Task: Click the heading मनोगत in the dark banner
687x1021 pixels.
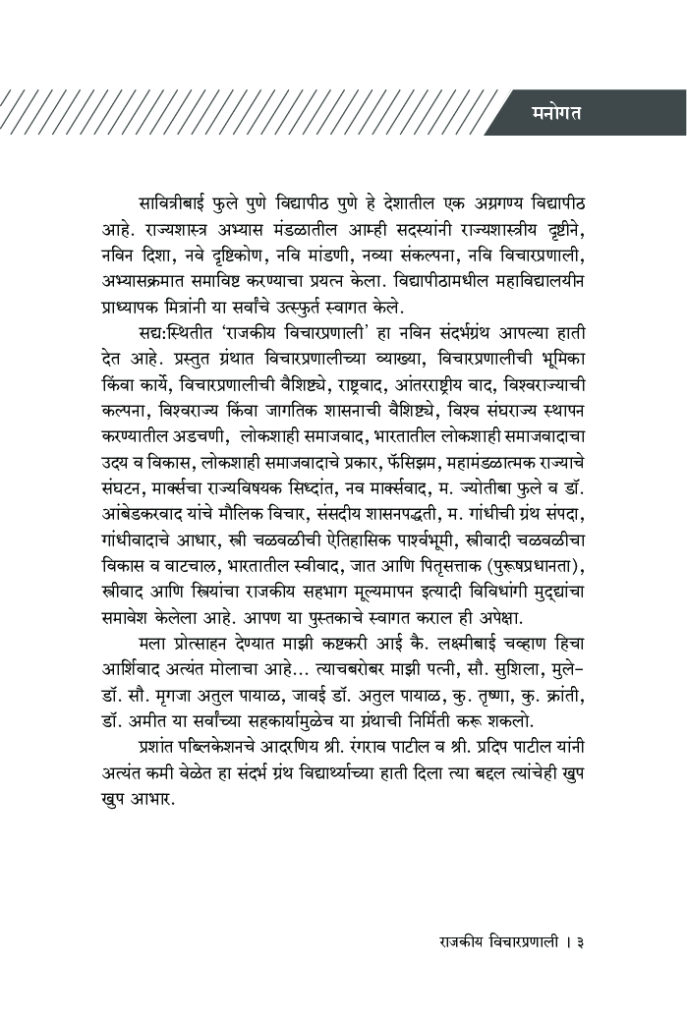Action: click(x=556, y=113)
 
